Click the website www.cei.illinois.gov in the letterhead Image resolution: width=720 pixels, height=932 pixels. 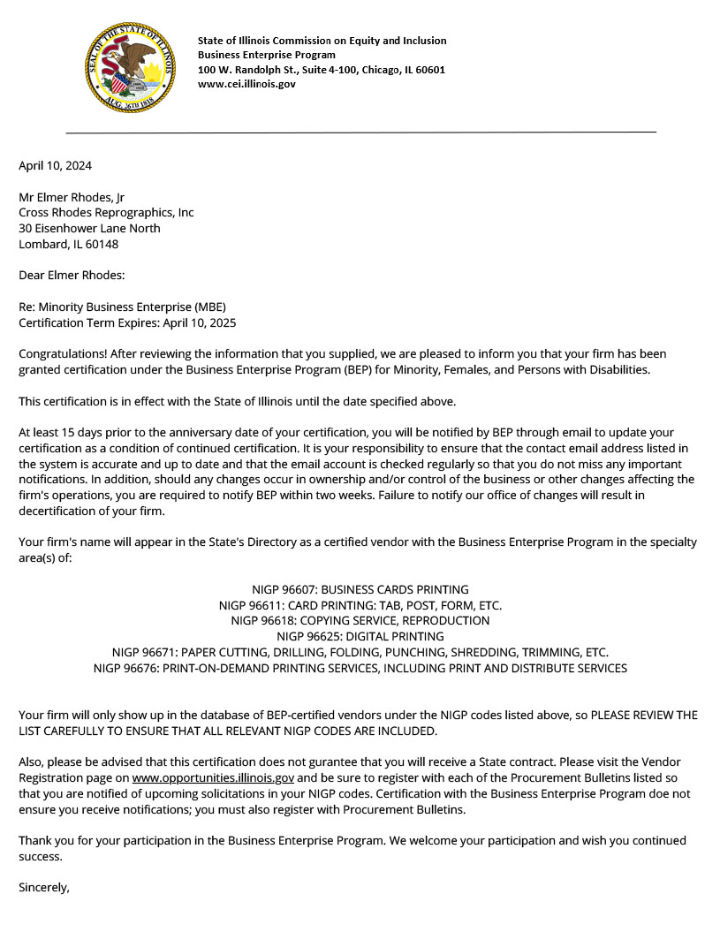pos(246,84)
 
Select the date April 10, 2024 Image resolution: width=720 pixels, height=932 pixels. pos(55,165)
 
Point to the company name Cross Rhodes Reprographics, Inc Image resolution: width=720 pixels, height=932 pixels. pos(106,213)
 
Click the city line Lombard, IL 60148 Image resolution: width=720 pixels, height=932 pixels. pos(68,244)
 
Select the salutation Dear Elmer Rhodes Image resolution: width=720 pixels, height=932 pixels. pos(72,276)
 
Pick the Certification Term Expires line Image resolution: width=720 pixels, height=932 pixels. pos(127,322)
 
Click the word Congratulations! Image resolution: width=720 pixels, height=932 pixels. pos(59,354)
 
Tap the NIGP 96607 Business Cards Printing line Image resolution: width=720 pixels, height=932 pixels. pos(360,589)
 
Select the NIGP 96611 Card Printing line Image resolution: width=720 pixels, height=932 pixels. pos(360,605)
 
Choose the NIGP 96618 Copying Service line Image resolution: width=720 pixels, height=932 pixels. pos(360,621)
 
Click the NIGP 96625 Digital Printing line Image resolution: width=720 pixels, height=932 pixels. pos(360,636)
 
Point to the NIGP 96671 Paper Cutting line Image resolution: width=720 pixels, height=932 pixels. pos(360,653)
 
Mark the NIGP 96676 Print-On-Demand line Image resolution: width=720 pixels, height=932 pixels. pos(360,668)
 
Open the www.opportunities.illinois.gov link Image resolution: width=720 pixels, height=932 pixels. pos(213,778)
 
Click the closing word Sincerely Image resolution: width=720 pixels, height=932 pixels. pos(43,888)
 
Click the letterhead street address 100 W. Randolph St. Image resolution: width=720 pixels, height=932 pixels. pos(322,70)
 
